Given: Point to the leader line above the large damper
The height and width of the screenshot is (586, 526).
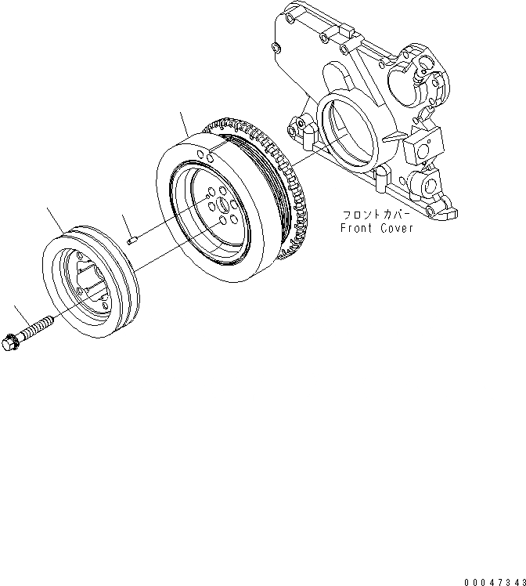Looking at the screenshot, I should point(186,123).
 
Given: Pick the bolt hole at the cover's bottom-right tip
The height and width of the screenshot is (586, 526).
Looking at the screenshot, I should point(450,212).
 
